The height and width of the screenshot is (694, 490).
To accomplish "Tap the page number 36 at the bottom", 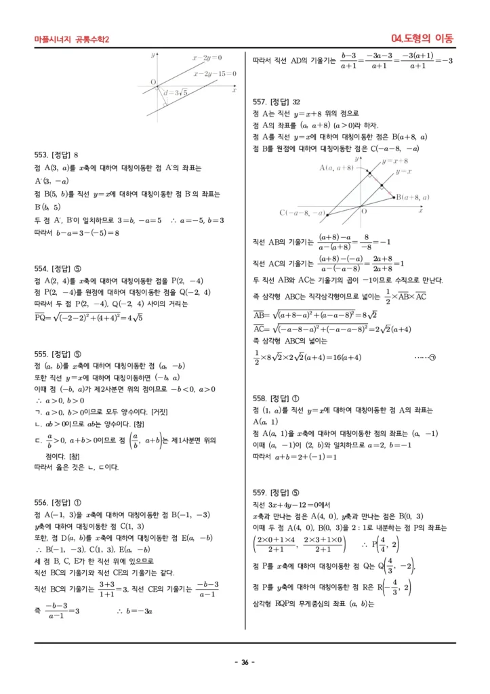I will point(244,662).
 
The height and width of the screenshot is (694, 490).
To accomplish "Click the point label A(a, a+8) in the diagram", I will point(336,167).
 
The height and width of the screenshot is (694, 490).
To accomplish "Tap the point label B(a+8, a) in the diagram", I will point(413,197).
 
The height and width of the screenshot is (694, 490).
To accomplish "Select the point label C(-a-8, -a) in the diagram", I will point(302,213).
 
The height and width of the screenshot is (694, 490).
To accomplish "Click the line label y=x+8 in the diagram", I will point(395,161).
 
